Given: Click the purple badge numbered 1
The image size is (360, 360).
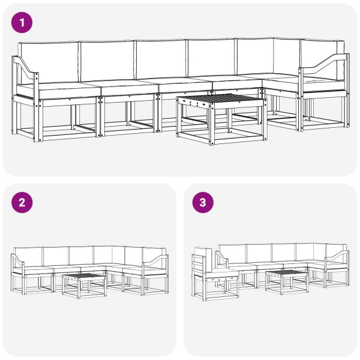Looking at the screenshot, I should click(23, 23).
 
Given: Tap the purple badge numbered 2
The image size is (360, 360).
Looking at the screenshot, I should click(23, 203).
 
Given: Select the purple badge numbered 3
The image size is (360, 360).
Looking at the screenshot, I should click(203, 203).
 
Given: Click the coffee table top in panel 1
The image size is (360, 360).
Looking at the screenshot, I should click(221, 100).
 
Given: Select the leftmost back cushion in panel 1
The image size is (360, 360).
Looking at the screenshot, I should click(49, 62).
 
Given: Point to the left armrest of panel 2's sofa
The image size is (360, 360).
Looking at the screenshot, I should click(17, 265).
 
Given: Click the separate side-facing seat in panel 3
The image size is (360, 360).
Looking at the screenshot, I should click(213, 276).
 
